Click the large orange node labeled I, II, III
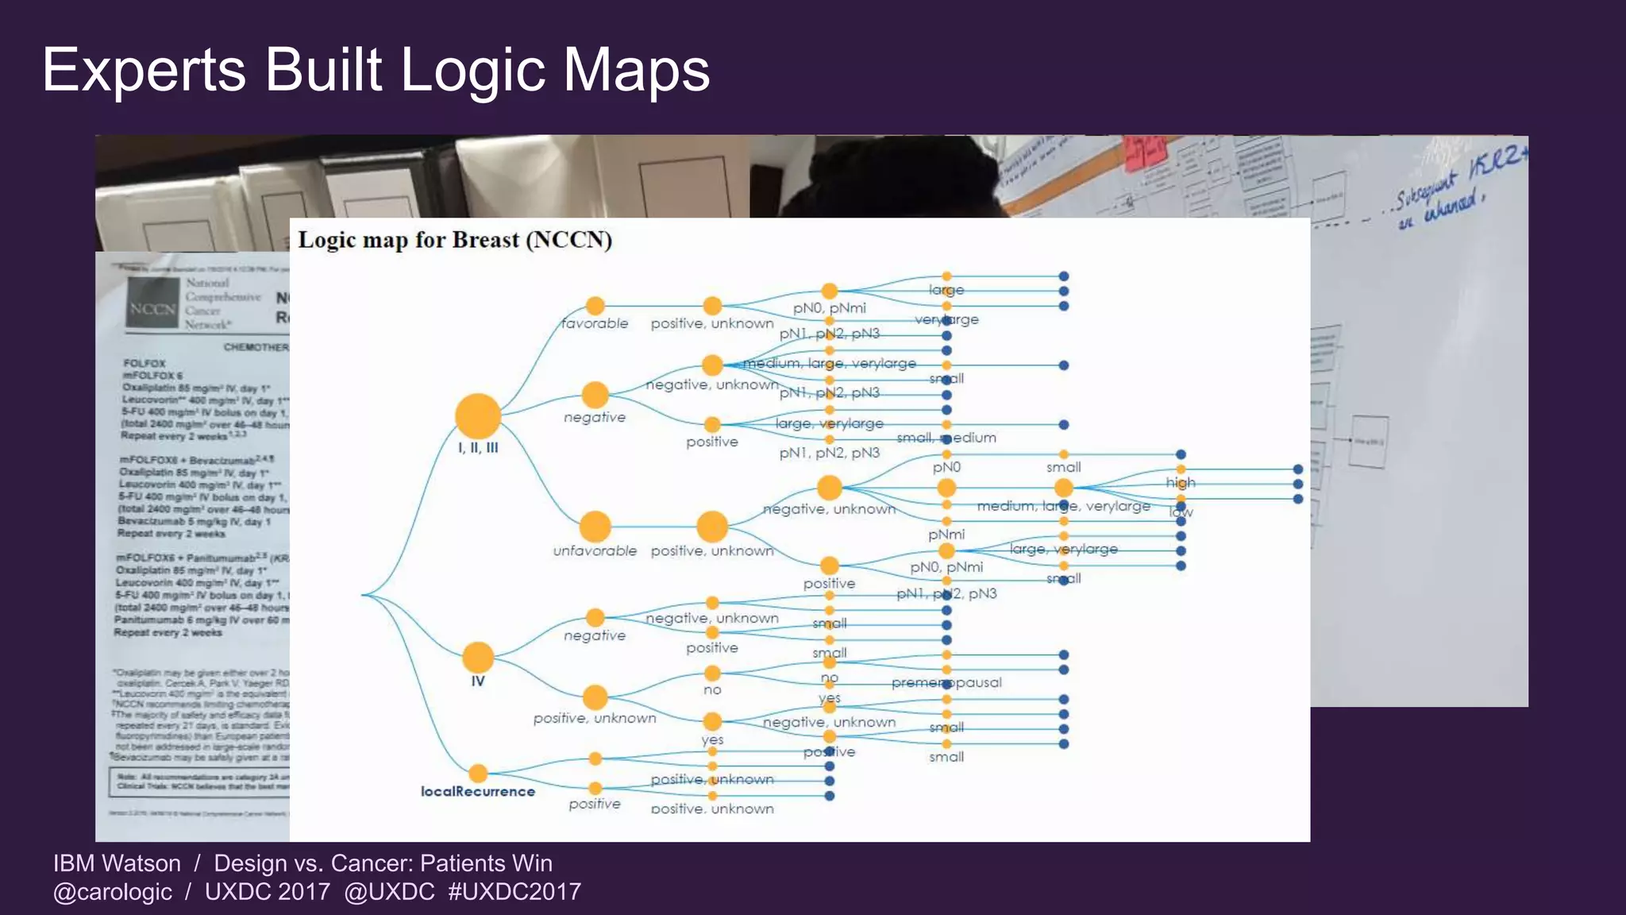coord(478,415)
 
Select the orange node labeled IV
coord(478,658)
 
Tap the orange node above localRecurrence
coord(478,773)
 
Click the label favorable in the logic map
coord(595,323)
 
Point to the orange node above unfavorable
coord(595,526)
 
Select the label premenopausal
coord(946,682)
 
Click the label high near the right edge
coord(1181,482)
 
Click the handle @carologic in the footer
coord(113,892)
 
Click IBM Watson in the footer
coord(117,863)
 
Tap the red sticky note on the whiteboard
coord(1145,152)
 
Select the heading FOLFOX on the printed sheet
coord(144,363)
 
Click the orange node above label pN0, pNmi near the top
coord(830,291)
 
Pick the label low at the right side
coord(1181,513)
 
